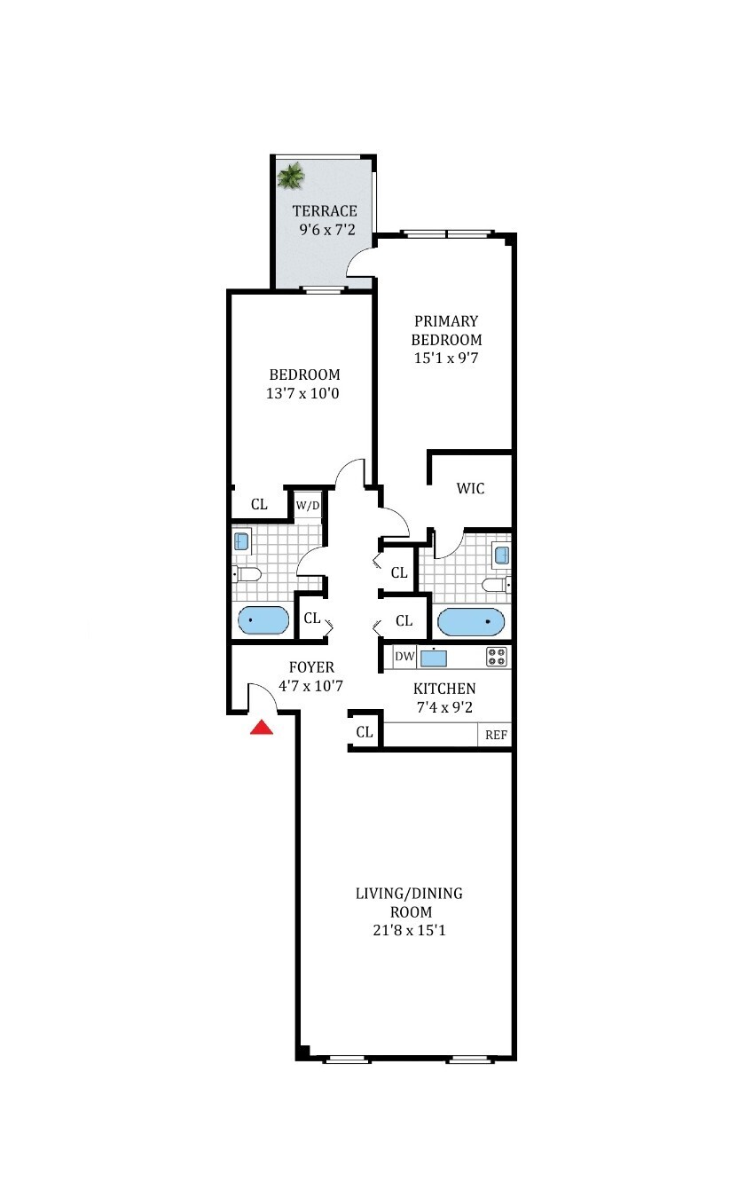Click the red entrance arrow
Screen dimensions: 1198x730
[x=261, y=729]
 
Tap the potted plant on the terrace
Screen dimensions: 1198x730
[x=290, y=175]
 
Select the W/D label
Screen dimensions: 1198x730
[x=307, y=506]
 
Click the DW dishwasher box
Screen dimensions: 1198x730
[x=404, y=657]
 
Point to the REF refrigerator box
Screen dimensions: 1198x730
[x=496, y=736]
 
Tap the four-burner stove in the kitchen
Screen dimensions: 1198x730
[x=497, y=657]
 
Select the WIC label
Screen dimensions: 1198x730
[x=470, y=489]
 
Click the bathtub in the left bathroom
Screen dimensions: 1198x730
[x=263, y=620]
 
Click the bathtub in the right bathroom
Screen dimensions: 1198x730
[x=471, y=622]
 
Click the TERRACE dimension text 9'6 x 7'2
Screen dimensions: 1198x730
[x=328, y=229]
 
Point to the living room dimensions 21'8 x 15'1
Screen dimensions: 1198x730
[x=409, y=931]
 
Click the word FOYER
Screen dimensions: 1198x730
[x=311, y=667]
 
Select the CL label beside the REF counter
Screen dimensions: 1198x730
[x=364, y=732]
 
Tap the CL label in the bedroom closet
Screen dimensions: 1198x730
[x=259, y=505]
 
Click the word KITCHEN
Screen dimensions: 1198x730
[x=444, y=689]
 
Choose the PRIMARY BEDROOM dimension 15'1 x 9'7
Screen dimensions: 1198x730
[x=446, y=359]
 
